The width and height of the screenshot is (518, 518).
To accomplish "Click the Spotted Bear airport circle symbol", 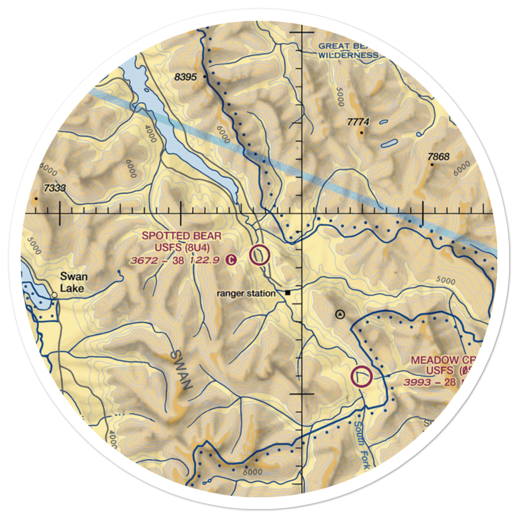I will click(260, 255).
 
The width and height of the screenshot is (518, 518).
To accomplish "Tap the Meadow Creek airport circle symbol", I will click(362, 377).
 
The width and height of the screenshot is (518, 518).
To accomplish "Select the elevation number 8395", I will click(186, 77).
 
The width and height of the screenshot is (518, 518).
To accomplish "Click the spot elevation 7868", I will click(438, 156).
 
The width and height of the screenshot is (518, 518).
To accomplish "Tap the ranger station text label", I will click(246, 294).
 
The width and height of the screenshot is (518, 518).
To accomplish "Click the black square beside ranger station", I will click(288, 293).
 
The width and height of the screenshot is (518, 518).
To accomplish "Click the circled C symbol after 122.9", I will click(233, 261).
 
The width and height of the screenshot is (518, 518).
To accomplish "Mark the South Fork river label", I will click(361, 445).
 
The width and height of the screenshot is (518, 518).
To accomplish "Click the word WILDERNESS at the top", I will click(348, 55).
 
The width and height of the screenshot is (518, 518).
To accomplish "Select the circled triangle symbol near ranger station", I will click(340, 313).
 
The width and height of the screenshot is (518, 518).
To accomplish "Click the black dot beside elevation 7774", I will click(362, 132).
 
